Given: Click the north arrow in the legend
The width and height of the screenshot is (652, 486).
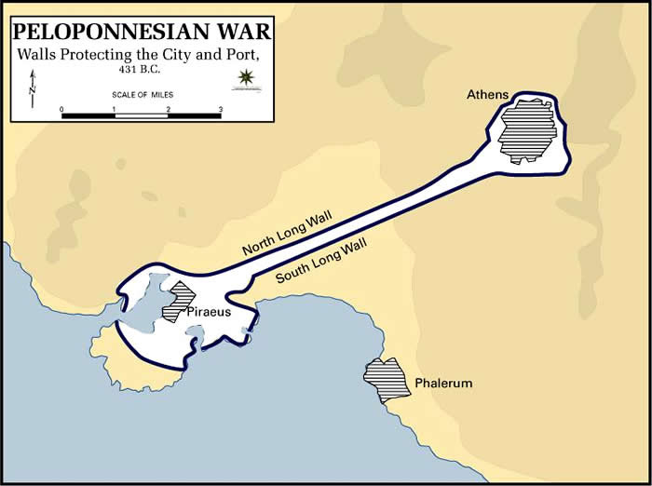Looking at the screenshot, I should click(32, 86).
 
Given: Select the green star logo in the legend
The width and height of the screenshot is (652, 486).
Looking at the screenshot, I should click(246, 76).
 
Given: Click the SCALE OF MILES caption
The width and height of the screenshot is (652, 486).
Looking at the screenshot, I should click(142, 95).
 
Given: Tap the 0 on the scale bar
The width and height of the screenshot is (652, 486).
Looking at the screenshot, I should click(62, 109).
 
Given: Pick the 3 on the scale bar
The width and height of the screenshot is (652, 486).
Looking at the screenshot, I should click(221, 109).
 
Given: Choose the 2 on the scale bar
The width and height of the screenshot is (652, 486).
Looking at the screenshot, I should click(169, 109).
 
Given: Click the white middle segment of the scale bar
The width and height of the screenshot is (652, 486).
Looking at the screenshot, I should click(142, 116).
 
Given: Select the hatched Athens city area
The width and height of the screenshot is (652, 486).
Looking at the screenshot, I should click(527, 130).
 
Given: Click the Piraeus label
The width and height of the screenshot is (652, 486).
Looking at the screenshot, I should click(209, 313).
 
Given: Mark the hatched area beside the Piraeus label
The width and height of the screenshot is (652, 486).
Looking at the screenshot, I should click(174, 302).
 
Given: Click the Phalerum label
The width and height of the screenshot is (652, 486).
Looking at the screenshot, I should click(444, 384).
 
